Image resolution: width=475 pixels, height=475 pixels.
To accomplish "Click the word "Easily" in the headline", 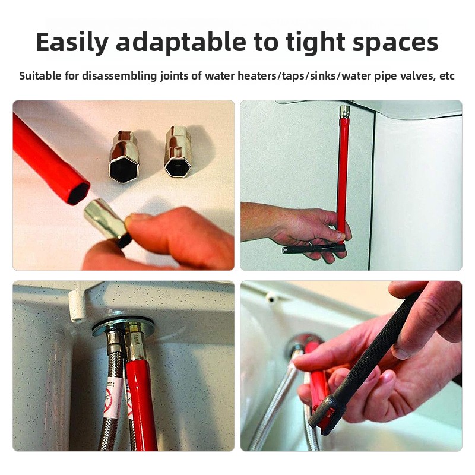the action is click(72, 42).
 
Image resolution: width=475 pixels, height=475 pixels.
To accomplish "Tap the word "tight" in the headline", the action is click(315, 42).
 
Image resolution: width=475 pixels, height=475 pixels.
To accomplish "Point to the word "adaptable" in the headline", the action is click(181, 42).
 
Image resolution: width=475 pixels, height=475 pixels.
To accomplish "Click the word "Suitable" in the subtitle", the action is click(40, 75).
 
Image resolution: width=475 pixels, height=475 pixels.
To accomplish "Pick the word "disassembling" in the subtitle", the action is click(120, 76).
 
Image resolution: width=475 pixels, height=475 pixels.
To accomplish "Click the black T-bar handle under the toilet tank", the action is click(313, 249).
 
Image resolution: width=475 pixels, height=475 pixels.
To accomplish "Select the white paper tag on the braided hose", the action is click(112, 396).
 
